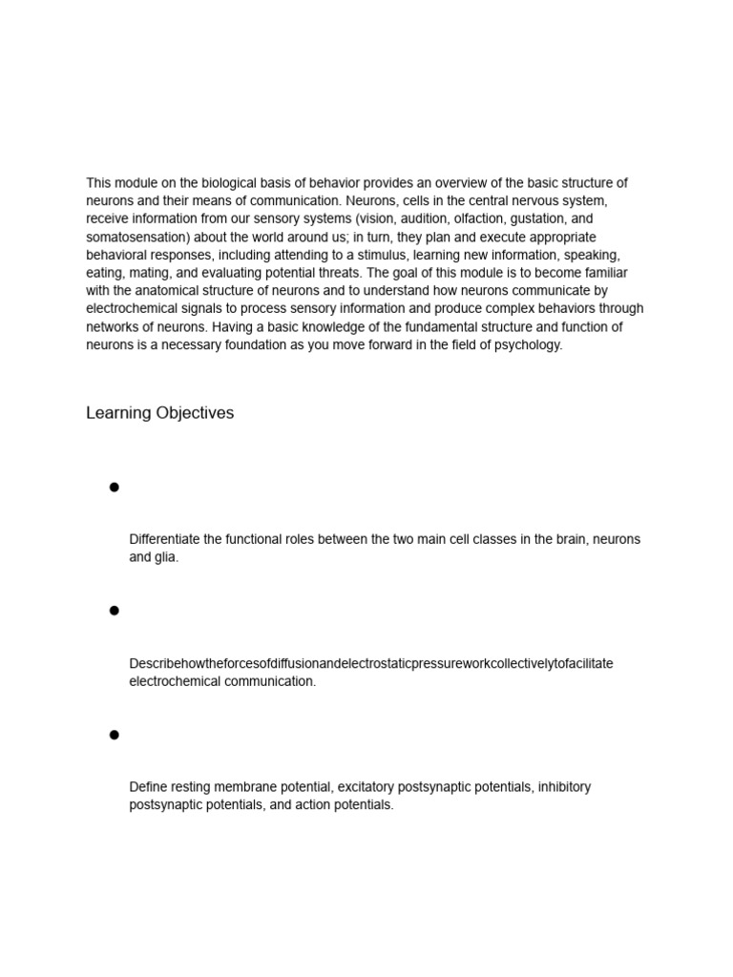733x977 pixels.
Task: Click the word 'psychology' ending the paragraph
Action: pos(528,345)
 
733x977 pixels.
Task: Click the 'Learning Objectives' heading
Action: pos(159,413)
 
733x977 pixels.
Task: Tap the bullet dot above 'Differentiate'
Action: pos(115,488)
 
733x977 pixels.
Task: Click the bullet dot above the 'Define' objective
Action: pos(115,735)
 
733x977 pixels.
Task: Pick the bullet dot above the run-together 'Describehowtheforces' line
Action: pos(115,611)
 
